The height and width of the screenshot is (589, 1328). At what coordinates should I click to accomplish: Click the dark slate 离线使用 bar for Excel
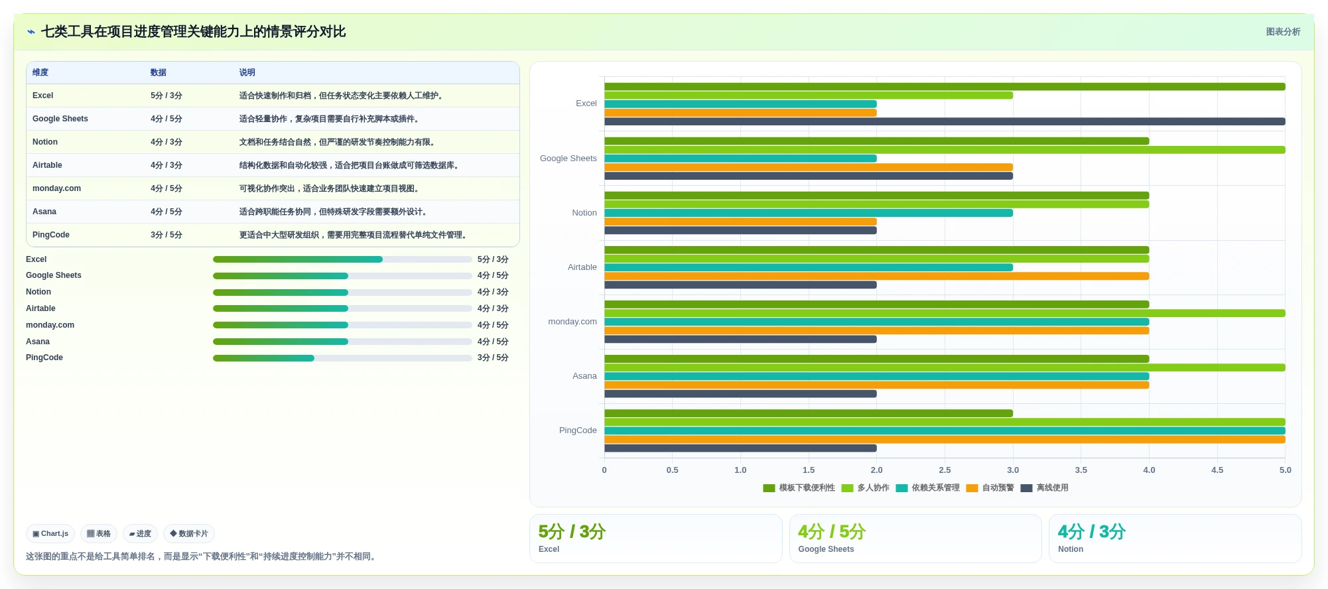tap(945, 121)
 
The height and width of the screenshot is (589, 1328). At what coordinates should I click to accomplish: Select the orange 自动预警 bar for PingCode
tap(945, 440)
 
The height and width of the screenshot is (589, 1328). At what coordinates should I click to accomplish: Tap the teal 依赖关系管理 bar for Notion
tap(809, 213)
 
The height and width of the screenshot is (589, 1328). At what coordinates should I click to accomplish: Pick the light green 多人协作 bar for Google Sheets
tap(945, 150)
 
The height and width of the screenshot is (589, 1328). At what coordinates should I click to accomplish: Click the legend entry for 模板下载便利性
tap(799, 488)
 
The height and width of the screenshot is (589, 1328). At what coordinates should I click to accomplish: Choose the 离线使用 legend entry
tap(1044, 488)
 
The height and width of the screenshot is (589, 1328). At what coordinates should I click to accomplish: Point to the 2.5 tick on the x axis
tap(945, 470)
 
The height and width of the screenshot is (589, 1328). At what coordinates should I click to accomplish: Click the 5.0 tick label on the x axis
tap(1285, 470)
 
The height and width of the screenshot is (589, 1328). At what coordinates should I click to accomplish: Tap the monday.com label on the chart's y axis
tap(572, 322)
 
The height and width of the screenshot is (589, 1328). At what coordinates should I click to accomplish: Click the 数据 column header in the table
tap(159, 73)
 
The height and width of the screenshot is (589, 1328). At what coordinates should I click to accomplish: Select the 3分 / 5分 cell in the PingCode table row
tap(166, 235)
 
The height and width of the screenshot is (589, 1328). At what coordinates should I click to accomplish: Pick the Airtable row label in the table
tap(47, 165)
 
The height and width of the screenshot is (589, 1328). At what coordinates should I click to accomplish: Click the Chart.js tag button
tap(50, 534)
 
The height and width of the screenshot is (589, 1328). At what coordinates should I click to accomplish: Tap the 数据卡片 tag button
tap(189, 534)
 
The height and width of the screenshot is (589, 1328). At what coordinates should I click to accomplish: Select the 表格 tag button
tap(99, 534)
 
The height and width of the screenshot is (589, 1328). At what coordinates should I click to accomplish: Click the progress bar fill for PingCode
tap(263, 358)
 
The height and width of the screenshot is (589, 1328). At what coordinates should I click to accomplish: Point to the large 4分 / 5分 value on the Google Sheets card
tap(832, 532)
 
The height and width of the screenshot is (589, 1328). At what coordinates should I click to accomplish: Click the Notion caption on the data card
tap(1071, 549)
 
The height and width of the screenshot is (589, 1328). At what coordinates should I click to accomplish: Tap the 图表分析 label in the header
tap(1283, 32)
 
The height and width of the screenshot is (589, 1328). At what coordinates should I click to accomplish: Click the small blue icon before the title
tap(31, 32)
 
